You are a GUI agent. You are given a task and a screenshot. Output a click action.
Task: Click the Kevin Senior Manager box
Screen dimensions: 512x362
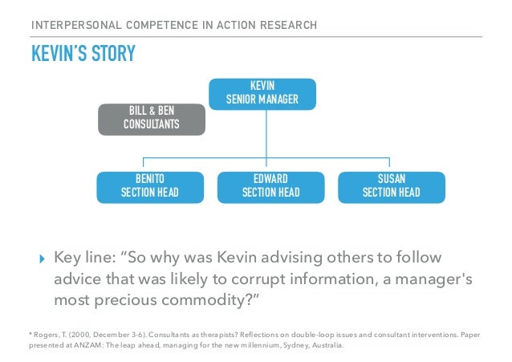[x=262, y=93]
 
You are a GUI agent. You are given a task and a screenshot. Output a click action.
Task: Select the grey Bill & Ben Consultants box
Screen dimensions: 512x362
[x=152, y=119]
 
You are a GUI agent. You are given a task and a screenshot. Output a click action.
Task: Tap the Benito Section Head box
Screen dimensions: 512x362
[x=149, y=185]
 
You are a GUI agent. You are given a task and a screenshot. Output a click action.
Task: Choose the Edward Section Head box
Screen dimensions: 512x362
[x=270, y=185]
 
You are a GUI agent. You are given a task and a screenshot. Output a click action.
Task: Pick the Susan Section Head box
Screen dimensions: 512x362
[x=391, y=185]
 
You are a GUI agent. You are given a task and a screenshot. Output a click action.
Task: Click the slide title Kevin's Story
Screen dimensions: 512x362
[x=83, y=55]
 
